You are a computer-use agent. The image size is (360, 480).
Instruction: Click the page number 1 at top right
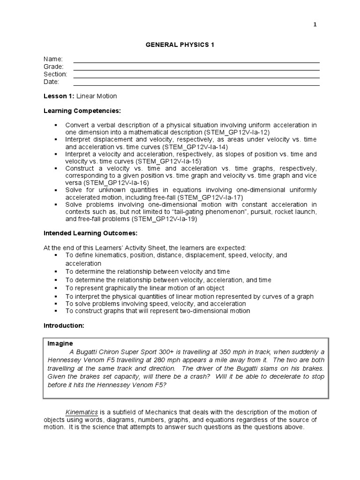(x=315, y=25)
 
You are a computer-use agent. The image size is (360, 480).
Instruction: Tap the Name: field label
(x=53, y=59)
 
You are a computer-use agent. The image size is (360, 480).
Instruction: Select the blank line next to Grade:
(x=196, y=70)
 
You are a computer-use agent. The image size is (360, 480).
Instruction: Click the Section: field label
(x=55, y=74)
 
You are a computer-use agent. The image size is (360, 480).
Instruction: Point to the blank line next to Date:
(x=196, y=85)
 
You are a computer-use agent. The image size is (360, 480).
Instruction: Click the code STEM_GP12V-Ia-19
(x=164, y=218)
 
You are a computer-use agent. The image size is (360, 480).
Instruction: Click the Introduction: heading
(x=63, y=325)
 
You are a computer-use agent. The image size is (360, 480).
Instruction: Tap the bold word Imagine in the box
(x=60, y=343)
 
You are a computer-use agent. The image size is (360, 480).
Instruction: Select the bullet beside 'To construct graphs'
(x=55, y=311)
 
